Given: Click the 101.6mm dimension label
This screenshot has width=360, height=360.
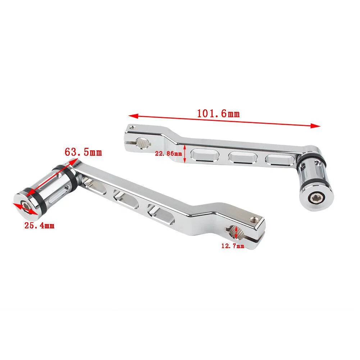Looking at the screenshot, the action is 218,113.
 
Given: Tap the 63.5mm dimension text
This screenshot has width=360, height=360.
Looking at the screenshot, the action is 83,152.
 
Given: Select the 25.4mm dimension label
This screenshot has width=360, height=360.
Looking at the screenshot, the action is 40,225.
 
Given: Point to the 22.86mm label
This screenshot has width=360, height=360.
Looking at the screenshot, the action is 168,153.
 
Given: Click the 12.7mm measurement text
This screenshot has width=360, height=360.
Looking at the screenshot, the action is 233,246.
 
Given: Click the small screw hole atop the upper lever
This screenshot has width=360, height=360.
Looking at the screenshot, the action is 131,127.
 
